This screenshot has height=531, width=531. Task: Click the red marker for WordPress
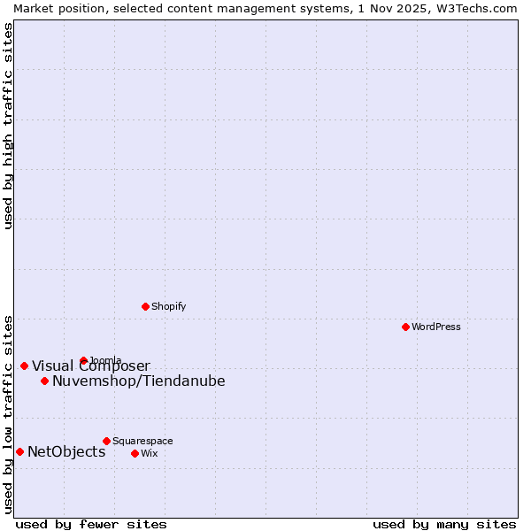click(405, 327)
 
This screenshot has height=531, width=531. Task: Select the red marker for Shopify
click(146, 306)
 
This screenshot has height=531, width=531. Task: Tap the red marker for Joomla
click(84, 360)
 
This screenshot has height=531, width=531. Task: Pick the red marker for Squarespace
click(106, 441)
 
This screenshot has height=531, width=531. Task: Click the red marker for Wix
click(135, 453)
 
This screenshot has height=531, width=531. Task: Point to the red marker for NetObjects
click(19, 451)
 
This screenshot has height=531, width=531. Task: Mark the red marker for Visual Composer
click(24, 366)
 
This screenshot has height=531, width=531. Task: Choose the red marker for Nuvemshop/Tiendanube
click(44, 381)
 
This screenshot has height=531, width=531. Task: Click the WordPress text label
click(436, 327)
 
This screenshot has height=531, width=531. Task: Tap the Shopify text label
click(169, 306)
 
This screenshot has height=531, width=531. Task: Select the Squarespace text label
click(142, 441)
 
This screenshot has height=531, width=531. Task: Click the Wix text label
click(149, 453)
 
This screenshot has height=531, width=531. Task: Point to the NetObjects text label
click(66, 452)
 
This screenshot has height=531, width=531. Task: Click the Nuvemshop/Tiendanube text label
click(139, 381)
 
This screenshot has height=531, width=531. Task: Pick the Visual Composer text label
click(91, 366)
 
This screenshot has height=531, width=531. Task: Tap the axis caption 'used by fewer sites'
click(91, 524)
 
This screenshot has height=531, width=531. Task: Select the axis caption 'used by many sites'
click(444, 524)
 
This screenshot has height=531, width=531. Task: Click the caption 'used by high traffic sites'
click(9, 126)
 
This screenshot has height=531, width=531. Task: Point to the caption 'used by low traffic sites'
click(9, 413)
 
